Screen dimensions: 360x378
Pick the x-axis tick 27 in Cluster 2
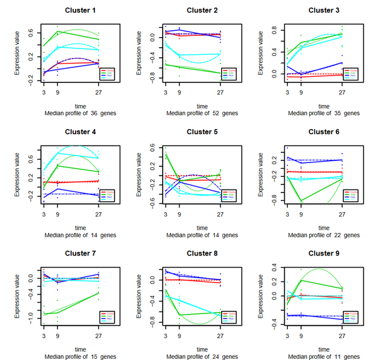pos(219,93)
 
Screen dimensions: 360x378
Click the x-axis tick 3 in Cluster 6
pos(288,213)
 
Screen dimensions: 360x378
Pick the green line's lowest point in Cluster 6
pos(301,201)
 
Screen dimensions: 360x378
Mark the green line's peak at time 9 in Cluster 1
pos(57,31)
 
